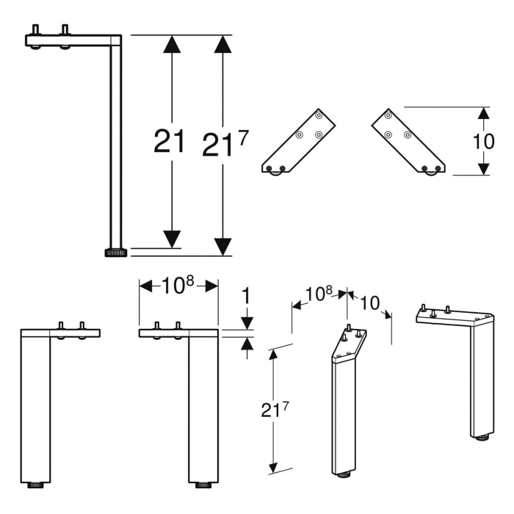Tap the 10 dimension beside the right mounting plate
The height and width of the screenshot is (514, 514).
coord(484,141)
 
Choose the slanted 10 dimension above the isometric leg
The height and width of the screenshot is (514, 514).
coord(369,302)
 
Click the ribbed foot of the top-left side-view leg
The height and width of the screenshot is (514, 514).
coord(115,253)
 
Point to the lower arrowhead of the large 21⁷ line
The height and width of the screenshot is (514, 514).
coord(222,247)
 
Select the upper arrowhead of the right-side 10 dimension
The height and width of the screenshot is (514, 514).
coord(483,114)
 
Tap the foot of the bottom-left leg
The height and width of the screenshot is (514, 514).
coord(35,485)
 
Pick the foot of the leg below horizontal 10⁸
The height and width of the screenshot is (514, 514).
coord(203,485)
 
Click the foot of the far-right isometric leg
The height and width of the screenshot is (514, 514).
coord(482,439)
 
